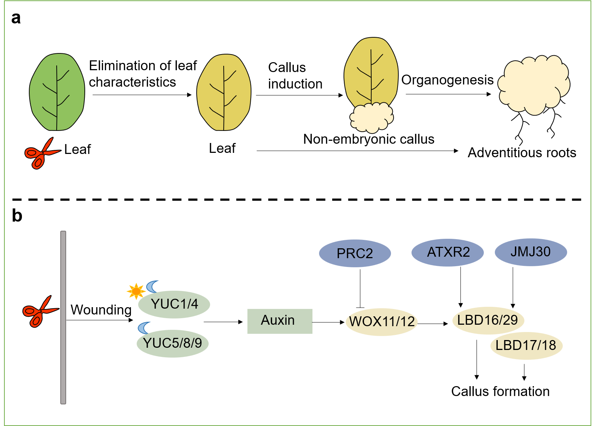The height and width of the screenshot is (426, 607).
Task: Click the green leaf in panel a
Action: (x=57, y=92)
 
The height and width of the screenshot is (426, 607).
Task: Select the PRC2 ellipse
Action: (x=355, y=253)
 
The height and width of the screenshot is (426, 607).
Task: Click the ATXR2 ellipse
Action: (x=448, y=252)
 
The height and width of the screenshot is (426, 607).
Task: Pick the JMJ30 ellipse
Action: (x=531, y=252)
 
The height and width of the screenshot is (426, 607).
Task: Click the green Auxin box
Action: (x=280, y=321)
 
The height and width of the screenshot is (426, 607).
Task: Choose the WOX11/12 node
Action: (x=382, y=322)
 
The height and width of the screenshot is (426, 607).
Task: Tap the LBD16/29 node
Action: (x=488, y=320)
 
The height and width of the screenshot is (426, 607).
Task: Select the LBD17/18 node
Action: (x=526, y=346)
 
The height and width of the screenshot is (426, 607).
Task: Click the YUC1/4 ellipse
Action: (x=174, y=304)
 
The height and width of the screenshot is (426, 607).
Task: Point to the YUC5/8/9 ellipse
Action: (x=172, y=343)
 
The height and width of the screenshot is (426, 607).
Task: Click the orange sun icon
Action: (x=136, y=291)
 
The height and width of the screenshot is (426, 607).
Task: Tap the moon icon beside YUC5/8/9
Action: (x=144, y=328)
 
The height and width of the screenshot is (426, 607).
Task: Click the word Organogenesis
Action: (x=447, y=80)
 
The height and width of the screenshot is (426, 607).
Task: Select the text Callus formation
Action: (x=500, y=392)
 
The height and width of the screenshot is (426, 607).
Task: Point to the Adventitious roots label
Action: (x=522, y=153)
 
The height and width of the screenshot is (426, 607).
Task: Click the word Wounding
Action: (x=101, y=310)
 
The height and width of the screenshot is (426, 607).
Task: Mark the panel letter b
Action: (x=17, y=216)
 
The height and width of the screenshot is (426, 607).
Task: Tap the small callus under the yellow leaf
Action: (x=371, y=117)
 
